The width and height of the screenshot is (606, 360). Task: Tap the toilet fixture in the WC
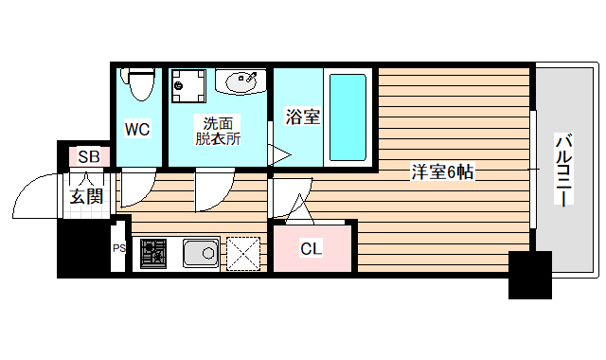pos(140,84)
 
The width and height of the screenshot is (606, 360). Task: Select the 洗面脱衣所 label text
pos(218,131)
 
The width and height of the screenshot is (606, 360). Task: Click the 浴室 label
pos(303,117)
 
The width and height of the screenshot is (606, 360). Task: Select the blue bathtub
pos(347,116)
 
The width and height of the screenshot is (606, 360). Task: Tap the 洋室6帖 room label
pos(442,172)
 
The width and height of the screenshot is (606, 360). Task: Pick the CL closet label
pos(311,249)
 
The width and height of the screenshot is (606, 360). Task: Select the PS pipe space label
pos(119,249)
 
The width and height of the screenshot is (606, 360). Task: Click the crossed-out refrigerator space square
pos(243,253)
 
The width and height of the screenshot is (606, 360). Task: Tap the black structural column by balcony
pos(529,274)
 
